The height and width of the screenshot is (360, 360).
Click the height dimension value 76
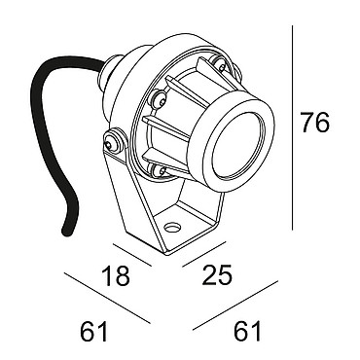click(315, 123)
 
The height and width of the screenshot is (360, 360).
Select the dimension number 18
click(116, 275)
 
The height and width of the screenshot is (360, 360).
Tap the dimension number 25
click(217, 275)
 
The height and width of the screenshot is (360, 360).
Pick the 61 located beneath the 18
click(93, 331)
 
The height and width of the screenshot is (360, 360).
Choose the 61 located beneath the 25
click(247, 331)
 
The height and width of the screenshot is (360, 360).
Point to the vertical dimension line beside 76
click(292, 127)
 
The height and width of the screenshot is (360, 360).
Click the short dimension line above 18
click(132, 255)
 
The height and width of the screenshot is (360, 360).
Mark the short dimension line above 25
click(204, 254)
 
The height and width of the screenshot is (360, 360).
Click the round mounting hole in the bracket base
click(172, 227)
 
